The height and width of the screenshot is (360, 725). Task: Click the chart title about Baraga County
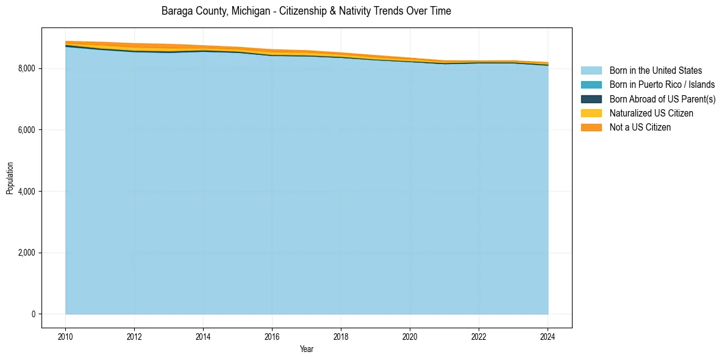[x=306, y=11]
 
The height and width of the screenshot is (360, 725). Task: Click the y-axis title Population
[x=10, y=178]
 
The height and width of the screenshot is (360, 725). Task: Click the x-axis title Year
[x=307, y=349]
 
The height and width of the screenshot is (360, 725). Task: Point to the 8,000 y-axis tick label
[x=27, y=68]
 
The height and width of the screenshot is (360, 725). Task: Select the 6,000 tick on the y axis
[x=27, y=130]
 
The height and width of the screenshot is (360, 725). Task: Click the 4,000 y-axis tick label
[x=27, y=192]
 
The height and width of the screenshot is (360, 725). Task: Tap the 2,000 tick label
[x=27, y=253]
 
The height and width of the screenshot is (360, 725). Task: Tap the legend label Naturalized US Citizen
[x=651, y=113]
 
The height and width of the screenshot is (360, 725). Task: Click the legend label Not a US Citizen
[x=640, y=128]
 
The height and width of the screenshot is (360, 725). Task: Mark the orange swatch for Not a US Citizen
[x=591, y=128]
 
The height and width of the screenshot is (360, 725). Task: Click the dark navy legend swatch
[x=591, y=99]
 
